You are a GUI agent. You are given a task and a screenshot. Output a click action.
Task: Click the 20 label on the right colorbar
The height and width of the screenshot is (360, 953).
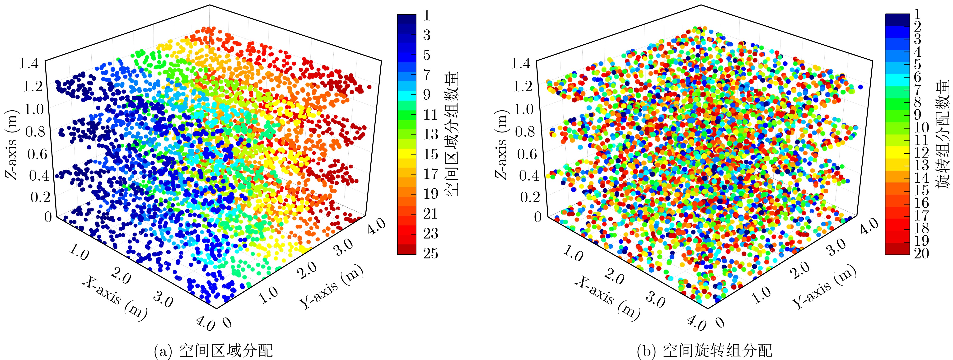tap(921, 253)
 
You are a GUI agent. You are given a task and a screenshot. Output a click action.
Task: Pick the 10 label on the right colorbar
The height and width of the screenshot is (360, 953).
tap(921, 128)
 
